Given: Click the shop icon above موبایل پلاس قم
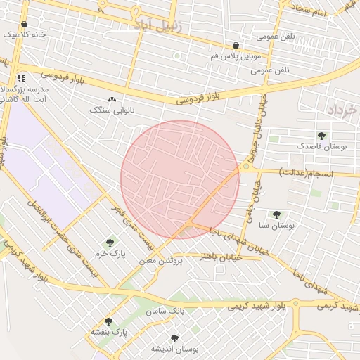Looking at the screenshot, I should pyautogui.click(x=235, y=45).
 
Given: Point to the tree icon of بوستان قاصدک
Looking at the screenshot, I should pyautogui.click(x=321, y=135).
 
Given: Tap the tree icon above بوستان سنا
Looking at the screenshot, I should pyautogui.click(x=276, y=214).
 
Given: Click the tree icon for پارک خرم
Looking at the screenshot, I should pyautogui.click(x=108, y=243).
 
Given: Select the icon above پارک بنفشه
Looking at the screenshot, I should pyautogui.click(x=108, y=321).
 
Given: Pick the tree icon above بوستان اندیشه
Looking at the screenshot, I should pyautogui.click(x=174, y=338).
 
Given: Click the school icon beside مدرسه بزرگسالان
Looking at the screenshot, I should pyautogui.click(x=20, y=78).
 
